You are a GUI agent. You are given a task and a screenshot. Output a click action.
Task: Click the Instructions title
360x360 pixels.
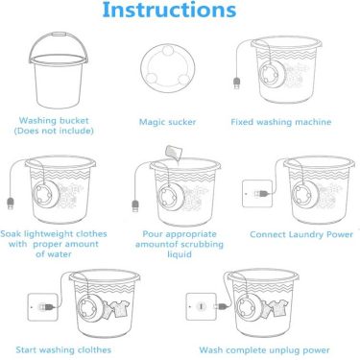point(169,10)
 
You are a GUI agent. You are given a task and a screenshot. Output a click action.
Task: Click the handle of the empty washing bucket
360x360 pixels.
point(59,35)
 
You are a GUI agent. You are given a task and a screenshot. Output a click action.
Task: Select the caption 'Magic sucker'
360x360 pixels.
point(167,122)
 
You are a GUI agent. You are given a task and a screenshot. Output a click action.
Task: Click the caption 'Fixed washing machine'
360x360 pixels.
point(281,122)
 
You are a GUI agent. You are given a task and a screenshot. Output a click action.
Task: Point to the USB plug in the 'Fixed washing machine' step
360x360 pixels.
point(236,84)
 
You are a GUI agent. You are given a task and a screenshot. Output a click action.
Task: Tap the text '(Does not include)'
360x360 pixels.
point(54,131)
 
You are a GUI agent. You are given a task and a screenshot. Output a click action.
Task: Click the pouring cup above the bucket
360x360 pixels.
point(174,152)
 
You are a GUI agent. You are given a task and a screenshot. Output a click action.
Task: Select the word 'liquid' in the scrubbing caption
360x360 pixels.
point(180,254)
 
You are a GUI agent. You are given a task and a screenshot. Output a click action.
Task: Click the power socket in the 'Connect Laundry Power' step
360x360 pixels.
point(257,194)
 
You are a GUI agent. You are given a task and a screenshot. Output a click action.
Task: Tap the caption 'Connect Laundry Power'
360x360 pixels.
point(301,234)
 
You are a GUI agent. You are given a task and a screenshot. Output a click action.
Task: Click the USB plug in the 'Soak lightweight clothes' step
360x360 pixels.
point(11,204)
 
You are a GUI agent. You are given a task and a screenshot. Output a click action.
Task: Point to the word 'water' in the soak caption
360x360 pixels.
point(59,254)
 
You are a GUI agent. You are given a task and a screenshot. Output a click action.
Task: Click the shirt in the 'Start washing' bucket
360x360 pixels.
point(118,309)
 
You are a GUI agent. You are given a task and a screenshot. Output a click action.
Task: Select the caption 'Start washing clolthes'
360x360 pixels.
point(63,349)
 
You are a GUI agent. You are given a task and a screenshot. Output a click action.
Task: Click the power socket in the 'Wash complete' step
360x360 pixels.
point(202,306)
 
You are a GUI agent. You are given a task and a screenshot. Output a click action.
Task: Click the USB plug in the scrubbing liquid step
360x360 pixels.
point(135,205)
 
